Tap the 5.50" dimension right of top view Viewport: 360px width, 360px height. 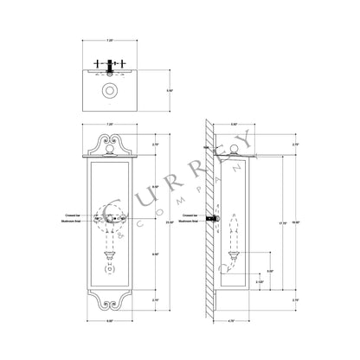(x=170, y=89)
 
